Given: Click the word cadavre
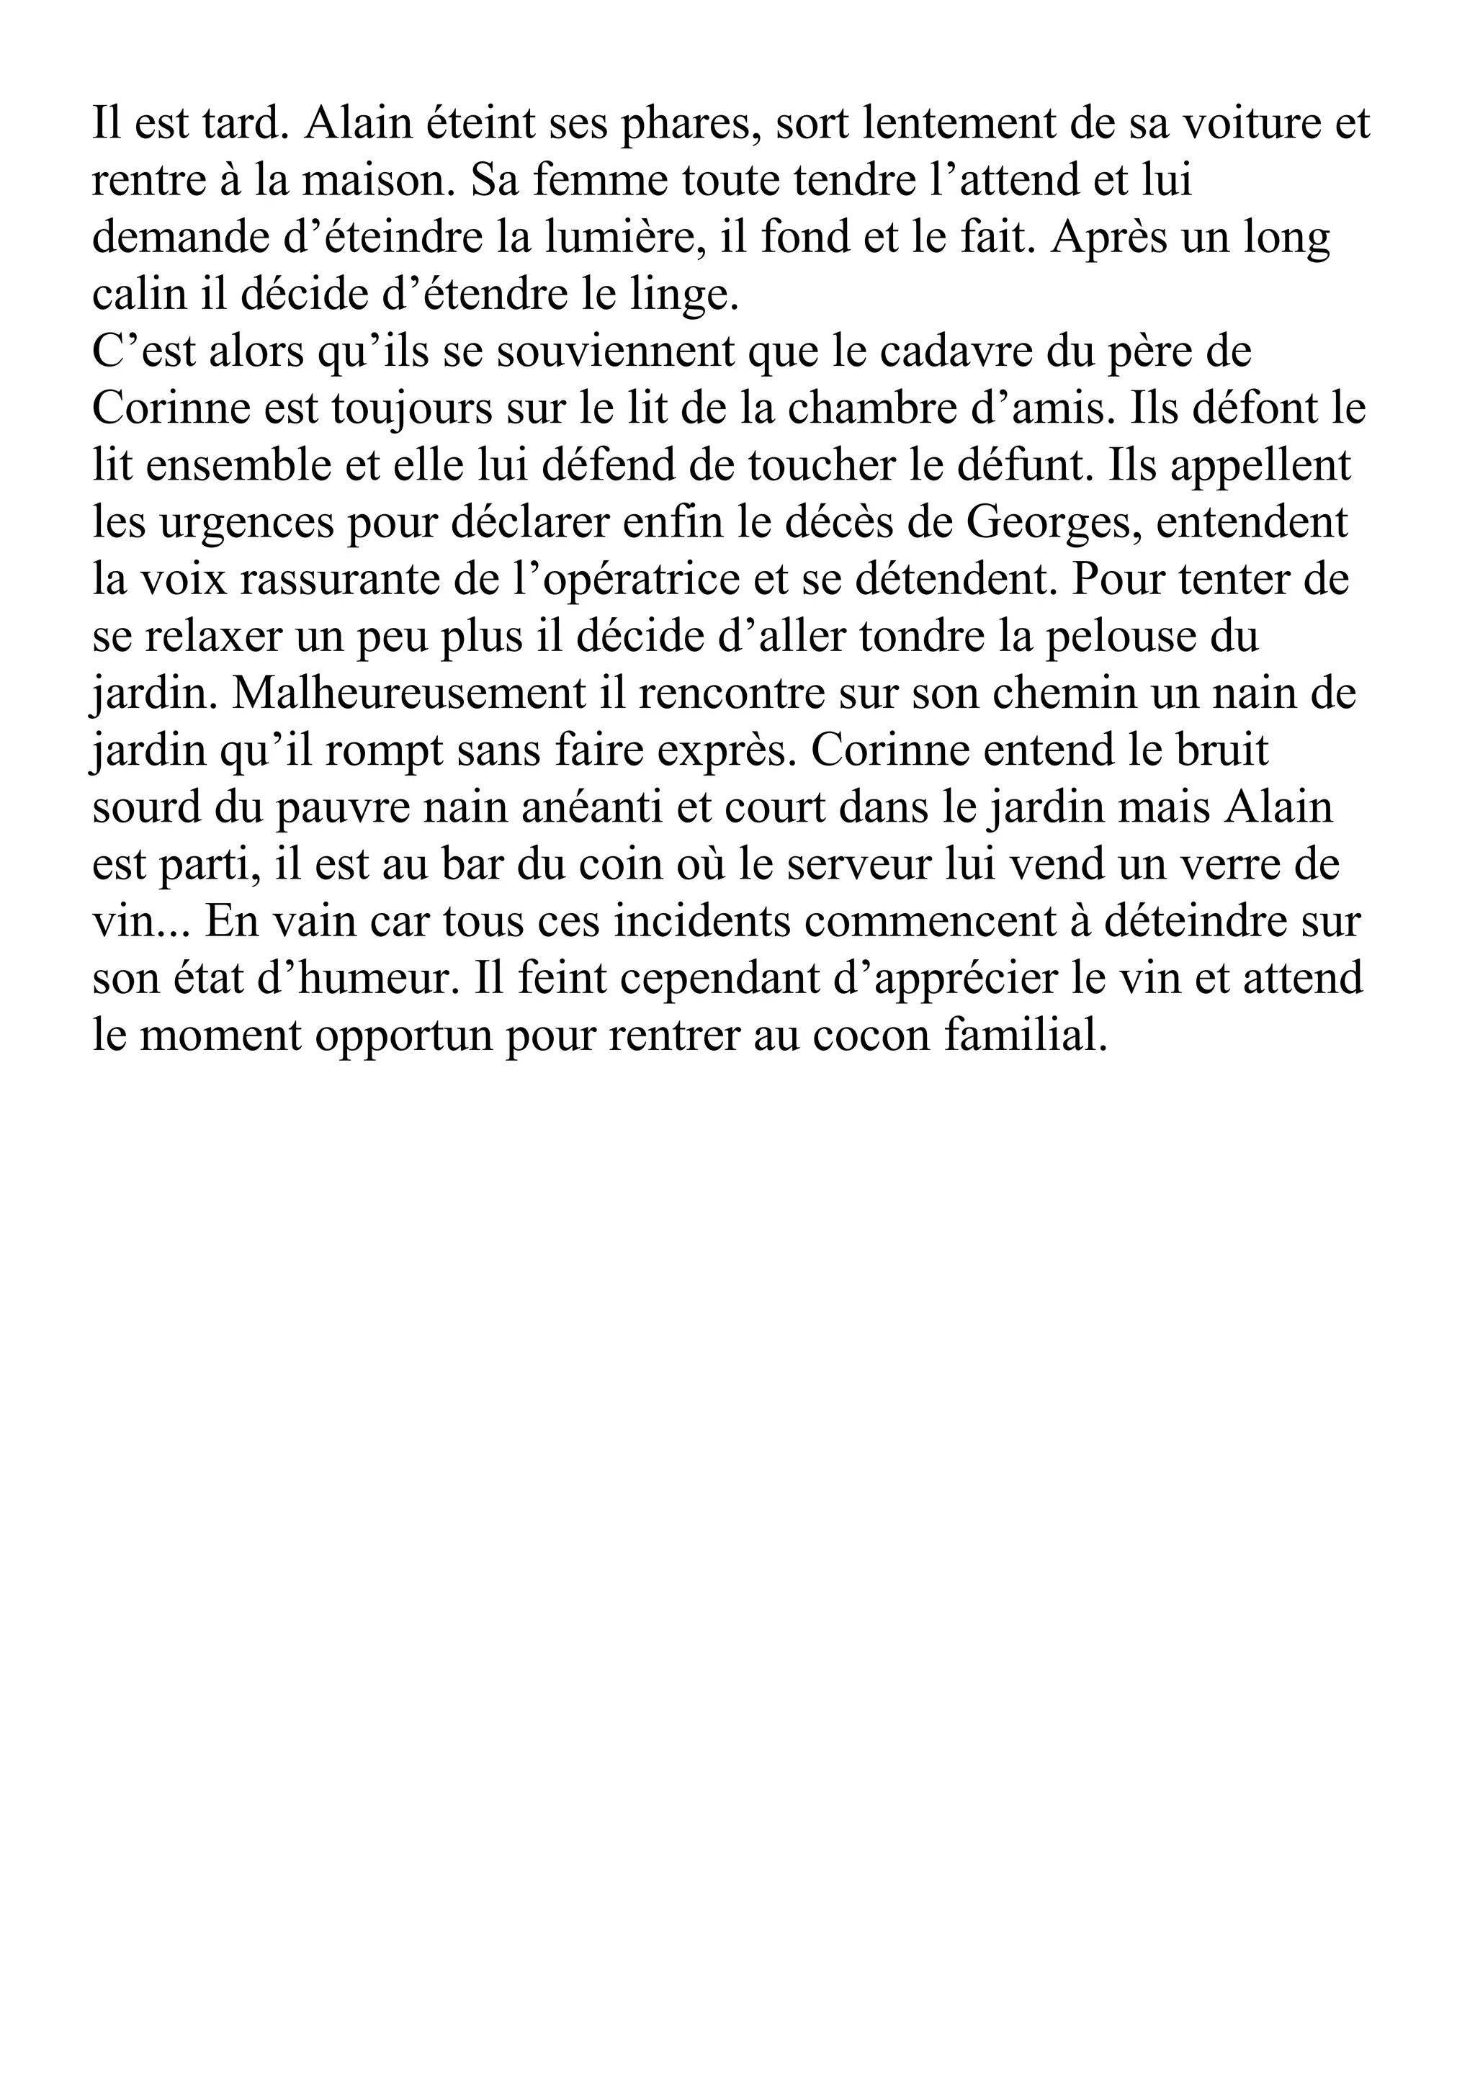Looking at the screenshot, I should [x=956, y=351].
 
